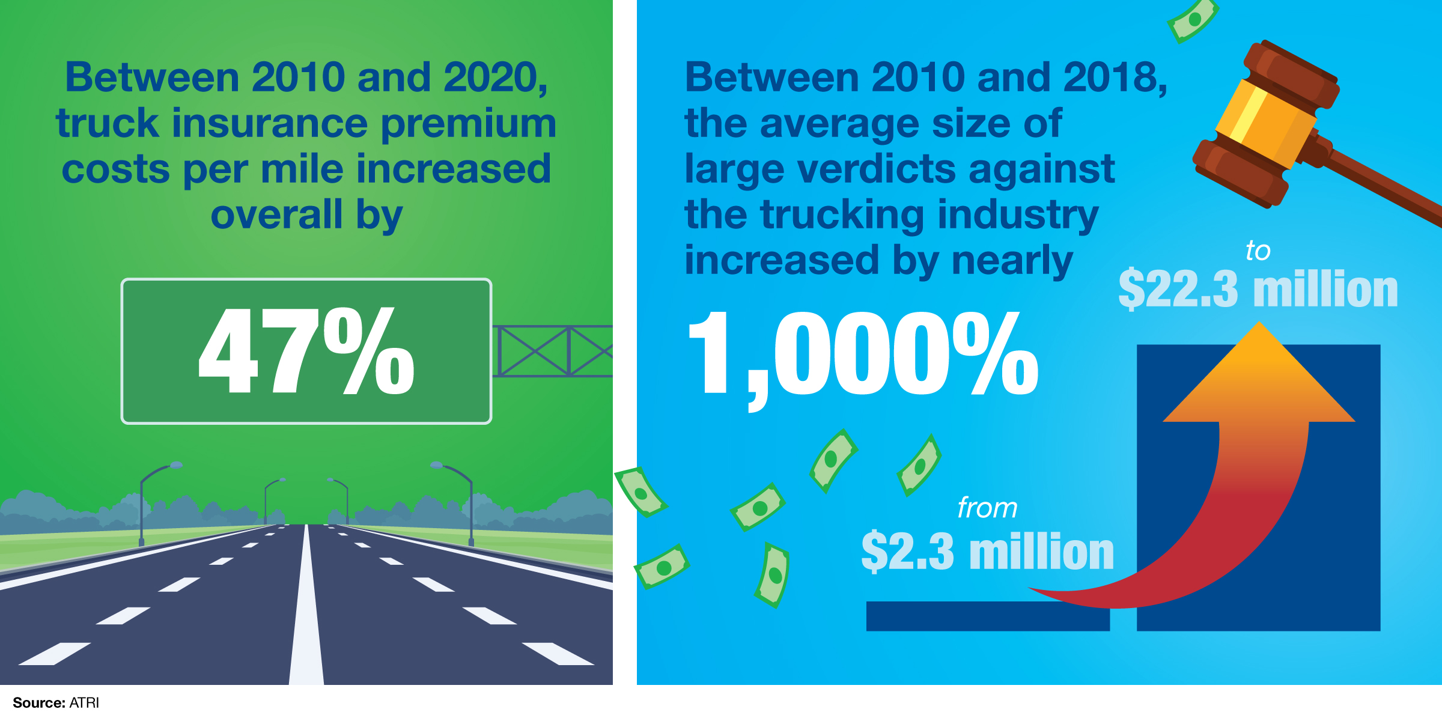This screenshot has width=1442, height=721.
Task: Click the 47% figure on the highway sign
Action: pos(306,351)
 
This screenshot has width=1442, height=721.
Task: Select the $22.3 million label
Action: pos(1258,289)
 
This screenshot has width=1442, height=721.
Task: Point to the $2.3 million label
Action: pos(987,551)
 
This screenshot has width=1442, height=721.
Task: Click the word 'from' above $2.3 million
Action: pos(987,508)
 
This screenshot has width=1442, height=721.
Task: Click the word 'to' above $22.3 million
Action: pos(1258,251)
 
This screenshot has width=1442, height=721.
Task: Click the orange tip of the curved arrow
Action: pos(1259,360)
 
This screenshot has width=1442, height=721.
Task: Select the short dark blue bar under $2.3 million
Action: pos(987,616)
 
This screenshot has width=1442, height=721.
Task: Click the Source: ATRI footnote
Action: pos(56,702)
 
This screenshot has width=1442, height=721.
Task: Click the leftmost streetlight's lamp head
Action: pos(175,464)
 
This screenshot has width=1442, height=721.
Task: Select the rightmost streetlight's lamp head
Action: pos(436,464)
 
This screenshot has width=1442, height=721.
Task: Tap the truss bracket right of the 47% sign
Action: pos(553,351)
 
